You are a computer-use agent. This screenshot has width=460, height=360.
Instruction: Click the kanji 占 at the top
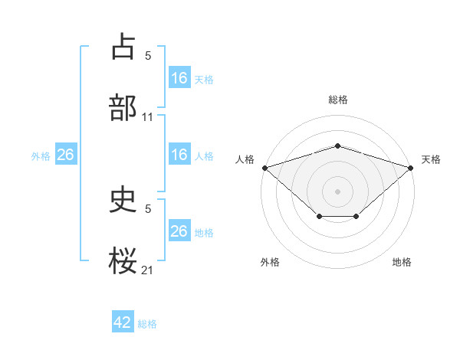point(123,47)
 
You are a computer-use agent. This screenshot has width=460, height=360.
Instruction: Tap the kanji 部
point(123,107)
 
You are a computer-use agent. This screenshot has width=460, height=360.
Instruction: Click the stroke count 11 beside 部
point(148,117)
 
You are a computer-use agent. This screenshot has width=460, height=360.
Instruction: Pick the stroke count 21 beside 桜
point(148,270)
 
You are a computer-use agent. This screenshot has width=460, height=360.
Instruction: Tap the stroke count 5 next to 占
point(148,56)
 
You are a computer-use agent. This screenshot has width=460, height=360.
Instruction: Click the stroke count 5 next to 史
point(148,208)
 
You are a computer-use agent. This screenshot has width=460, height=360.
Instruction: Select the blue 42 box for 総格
point(123,323)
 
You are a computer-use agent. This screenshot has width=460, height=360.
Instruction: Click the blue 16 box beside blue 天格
point(179,78)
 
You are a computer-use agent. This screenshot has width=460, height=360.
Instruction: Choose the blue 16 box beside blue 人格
point(179,155)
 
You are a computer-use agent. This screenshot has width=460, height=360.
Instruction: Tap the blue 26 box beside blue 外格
point(65,155)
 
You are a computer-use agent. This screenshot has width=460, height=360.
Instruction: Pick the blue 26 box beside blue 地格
point(179,231)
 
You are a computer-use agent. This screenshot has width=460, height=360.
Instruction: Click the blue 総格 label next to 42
point(147,324)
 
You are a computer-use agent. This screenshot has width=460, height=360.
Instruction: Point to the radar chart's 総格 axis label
point(338,100)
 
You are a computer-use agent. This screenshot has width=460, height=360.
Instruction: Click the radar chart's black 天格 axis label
point(432,159)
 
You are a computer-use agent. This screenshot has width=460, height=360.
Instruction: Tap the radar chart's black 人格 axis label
point(245,159)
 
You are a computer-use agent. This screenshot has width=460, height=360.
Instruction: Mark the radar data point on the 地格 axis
point(356,218)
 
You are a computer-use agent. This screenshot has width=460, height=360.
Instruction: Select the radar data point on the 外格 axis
point(319,218)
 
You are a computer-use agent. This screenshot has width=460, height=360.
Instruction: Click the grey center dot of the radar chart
point(337,190)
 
